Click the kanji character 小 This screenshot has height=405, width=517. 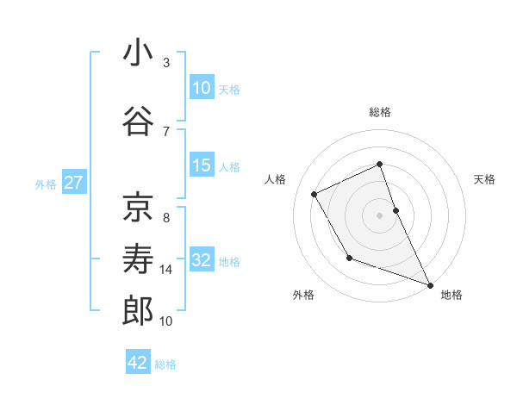138,53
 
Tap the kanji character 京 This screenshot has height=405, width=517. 138,208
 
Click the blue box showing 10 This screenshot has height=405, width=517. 202,88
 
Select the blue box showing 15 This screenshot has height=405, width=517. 202,165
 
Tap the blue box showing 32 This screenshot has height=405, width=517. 202,260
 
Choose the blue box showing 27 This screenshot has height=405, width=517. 73,183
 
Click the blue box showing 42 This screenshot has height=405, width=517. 138,363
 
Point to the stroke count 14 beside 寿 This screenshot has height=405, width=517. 166,270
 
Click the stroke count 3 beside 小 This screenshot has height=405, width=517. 166,63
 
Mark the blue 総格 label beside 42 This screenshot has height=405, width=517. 165,364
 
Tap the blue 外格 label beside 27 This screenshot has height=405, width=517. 46,184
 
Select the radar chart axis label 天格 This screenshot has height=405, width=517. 484,179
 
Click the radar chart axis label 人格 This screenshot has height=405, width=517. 276,179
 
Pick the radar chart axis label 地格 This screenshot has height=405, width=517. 452,295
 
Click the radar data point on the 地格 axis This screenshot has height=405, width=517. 430,284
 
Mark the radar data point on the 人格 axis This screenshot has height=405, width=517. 315,194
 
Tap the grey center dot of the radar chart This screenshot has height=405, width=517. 379,215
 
